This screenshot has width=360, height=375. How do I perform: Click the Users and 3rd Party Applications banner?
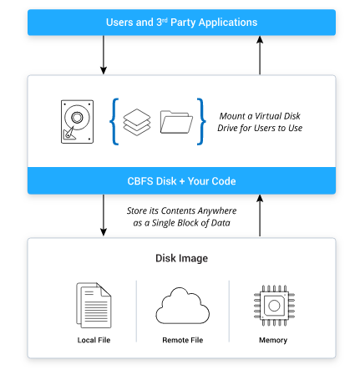click(181, 21)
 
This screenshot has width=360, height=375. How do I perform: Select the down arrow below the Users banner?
click(104, 55)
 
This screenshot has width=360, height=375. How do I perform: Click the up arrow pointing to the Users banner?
click(260, 55)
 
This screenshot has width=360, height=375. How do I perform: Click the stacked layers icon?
click(135, 120)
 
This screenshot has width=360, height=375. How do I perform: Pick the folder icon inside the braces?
click(175, 123)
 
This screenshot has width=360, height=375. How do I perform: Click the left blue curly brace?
click(113, 121)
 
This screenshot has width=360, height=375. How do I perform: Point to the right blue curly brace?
click(200, 121)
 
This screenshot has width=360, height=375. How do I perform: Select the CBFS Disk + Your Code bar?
click(181, 180)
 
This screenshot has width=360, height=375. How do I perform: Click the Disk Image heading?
click(181, 258)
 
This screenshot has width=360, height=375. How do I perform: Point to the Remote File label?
click(181, 340)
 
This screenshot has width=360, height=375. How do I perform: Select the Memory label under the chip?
click(273, 340)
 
